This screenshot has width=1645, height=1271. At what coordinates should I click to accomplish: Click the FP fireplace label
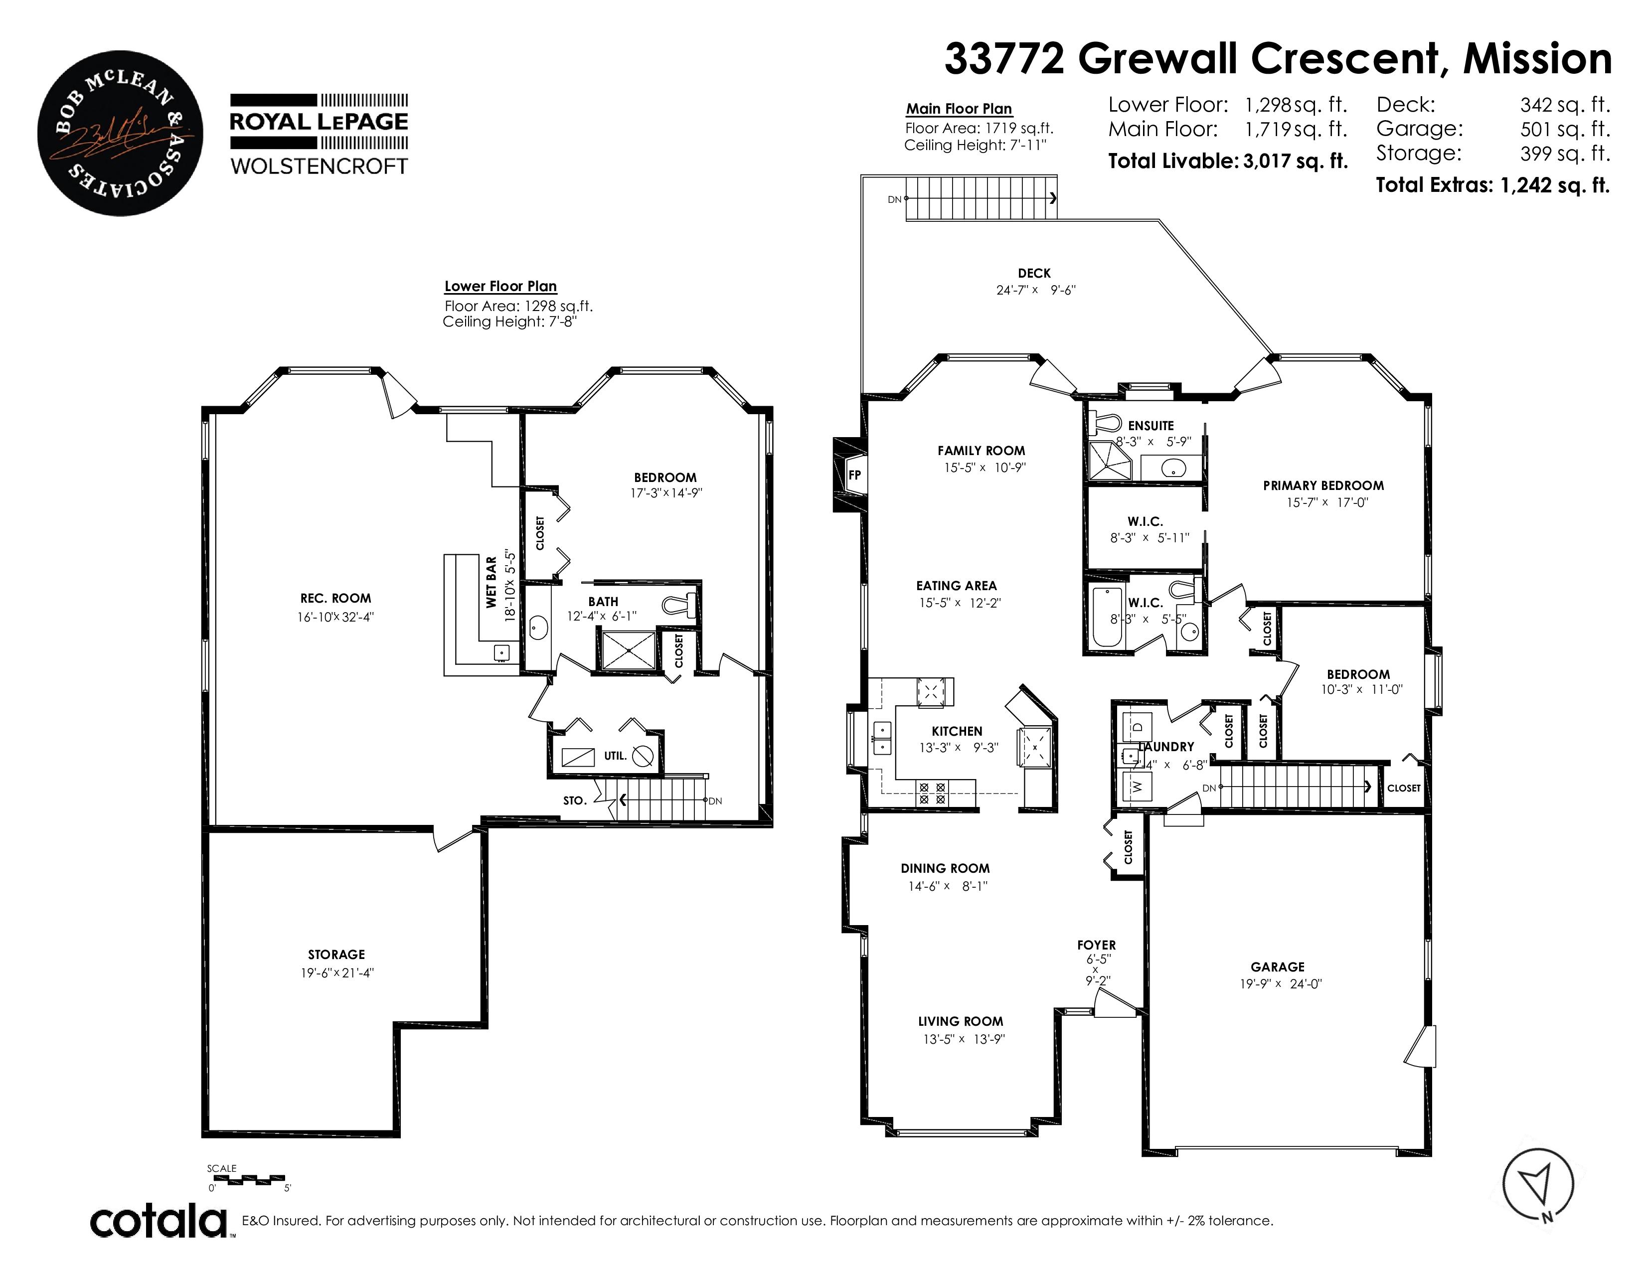coord(854,475)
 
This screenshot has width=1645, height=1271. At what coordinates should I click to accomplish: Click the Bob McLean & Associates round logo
coord(121,133)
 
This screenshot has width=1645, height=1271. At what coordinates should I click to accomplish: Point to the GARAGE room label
coord(1278,967)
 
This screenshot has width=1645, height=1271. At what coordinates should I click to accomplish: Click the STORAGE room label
coord(336,954)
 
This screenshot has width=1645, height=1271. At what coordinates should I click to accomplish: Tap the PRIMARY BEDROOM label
coord(1323,485)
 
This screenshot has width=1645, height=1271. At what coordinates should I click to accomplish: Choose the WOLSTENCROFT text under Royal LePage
coord(320,166)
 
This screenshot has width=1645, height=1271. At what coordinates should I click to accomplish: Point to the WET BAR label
coord(491,582)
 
